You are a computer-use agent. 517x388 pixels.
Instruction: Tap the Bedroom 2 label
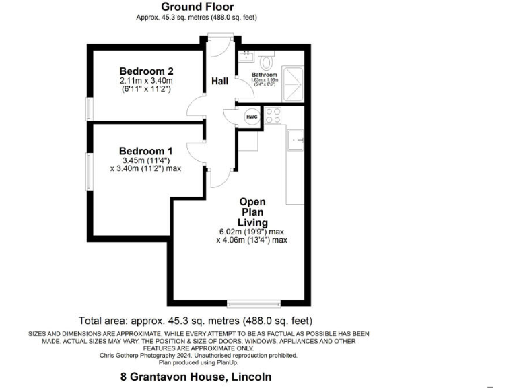(x=147, y=71)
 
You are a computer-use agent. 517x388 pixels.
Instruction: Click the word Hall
(x=219, y=82)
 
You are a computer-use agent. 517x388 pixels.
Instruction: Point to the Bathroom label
(x=264, y=75)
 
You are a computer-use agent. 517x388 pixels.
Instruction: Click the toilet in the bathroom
(x=267, y=61)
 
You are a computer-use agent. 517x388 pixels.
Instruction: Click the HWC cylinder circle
(x=252, y=117)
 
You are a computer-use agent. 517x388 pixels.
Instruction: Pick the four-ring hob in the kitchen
(x=273, y=115)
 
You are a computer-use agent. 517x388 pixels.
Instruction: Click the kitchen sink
(x=296, y=139)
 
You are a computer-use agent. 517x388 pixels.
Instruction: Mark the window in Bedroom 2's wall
(x=89, y=109)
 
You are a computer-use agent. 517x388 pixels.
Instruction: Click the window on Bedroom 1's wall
(x=89, y=172)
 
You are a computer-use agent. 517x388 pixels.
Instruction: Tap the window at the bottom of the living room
(x=254, y=303)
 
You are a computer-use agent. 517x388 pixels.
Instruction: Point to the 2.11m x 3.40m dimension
(x=147, y=80)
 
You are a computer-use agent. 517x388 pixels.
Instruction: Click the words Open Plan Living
(x=252, y=212)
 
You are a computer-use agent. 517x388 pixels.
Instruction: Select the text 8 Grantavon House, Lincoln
(x=191, y=377)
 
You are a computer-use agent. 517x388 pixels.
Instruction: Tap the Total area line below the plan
(x=195, y=321)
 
